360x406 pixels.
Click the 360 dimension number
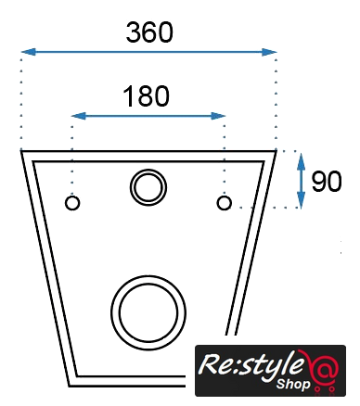149,32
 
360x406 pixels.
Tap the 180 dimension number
147,96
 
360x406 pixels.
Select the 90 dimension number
327,182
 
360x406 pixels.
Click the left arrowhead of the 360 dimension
29,52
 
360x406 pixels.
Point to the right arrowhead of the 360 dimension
269,52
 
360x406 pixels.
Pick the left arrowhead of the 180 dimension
79,116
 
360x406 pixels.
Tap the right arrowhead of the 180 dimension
218,116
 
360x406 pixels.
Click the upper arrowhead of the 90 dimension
301,160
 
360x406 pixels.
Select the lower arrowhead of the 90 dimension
301,200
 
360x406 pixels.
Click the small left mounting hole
72,203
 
